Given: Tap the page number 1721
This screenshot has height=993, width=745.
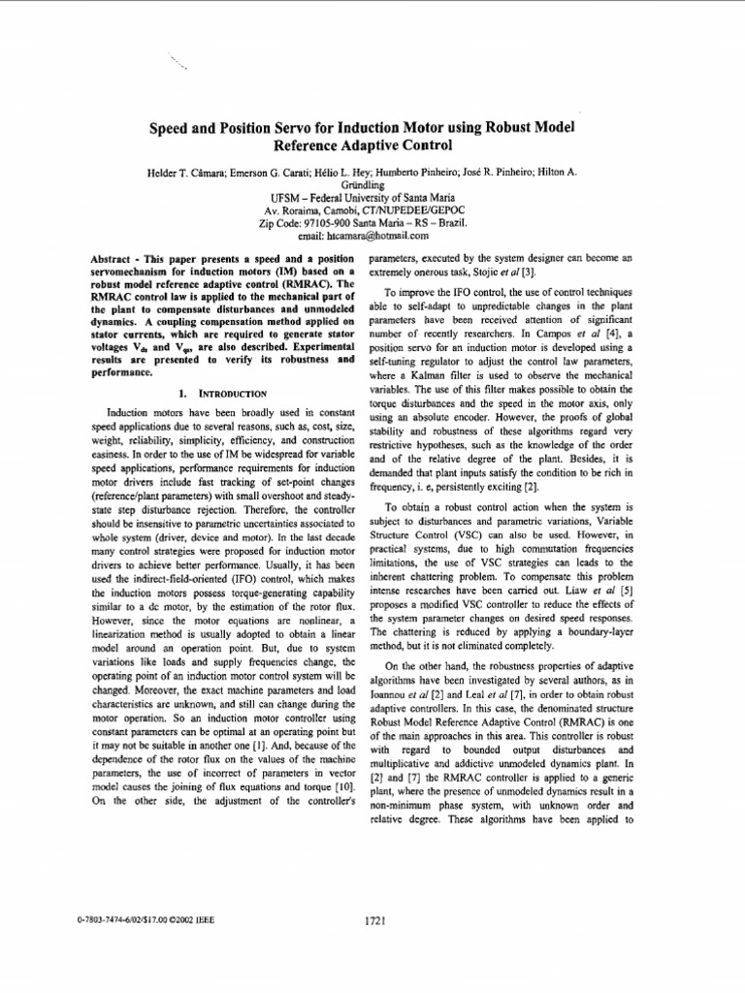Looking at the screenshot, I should point(375,922).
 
